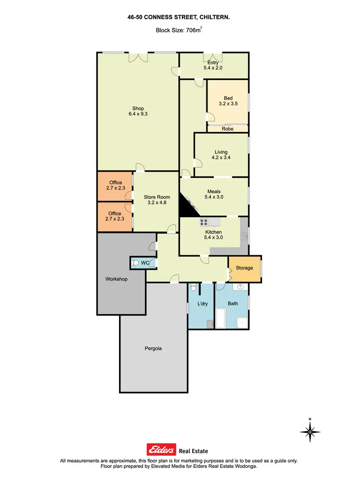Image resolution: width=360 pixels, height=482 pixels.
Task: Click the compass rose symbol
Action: [x=310, y=432]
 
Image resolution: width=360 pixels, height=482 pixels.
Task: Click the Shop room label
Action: [x=138, y=108]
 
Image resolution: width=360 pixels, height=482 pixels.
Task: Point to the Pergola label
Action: [x=154, y=348]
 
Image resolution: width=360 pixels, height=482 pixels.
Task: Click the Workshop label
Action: [x=116, y=279]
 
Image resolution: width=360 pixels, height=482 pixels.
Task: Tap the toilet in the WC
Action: [x=136, y=262]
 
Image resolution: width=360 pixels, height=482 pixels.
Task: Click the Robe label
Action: [x=227, y=129]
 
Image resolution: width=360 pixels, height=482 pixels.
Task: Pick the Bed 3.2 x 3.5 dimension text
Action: [x=228, y=103]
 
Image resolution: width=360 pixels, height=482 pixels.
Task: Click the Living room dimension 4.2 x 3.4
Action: [x=221, y=158]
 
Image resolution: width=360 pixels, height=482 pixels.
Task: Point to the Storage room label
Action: [x=244, y=268]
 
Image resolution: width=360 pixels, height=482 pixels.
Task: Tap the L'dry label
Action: [x=202, y=303]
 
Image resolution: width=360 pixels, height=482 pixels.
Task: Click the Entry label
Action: [x=213, y=62]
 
